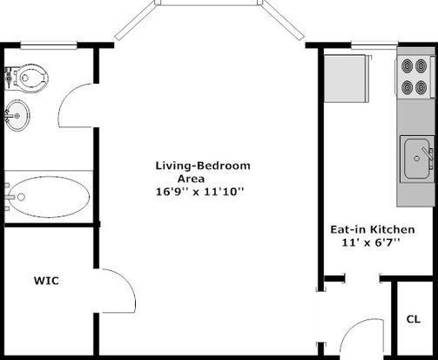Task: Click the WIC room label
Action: [46, 281]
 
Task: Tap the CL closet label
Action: [414, 319]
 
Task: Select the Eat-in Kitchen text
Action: [373, 229]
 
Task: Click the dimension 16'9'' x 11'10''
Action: [199, 192]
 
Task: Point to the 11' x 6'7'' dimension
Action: [371, 242]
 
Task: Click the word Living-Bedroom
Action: [203, 166]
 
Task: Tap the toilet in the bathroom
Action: [27, 78]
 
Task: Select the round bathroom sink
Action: [17, 115]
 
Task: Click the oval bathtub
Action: [48, 197]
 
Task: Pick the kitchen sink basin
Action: [416, 159]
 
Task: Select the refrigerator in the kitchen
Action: [347, 78]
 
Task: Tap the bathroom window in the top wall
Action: [49, 44]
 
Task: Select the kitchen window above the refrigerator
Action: [374, 45]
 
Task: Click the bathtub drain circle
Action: [21, 197]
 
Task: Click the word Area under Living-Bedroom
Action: [191, 179]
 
